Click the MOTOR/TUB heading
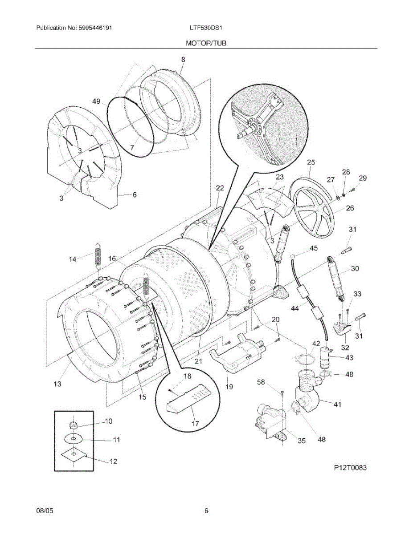click(x=206, y=43)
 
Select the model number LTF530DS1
click(x=206, y=28)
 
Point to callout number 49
click(x=96, y=101)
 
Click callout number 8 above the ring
click(x=183, y=59)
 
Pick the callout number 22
click(x=219, y=188)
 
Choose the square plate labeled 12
click(x=74, y=454)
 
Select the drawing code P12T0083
click(x=351, y=468)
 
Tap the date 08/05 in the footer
click(x=43, y=511)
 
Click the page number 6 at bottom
click(x=206, y=511)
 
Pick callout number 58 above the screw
click(x=261, y=382)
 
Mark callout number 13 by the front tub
click(x=57, y=384)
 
